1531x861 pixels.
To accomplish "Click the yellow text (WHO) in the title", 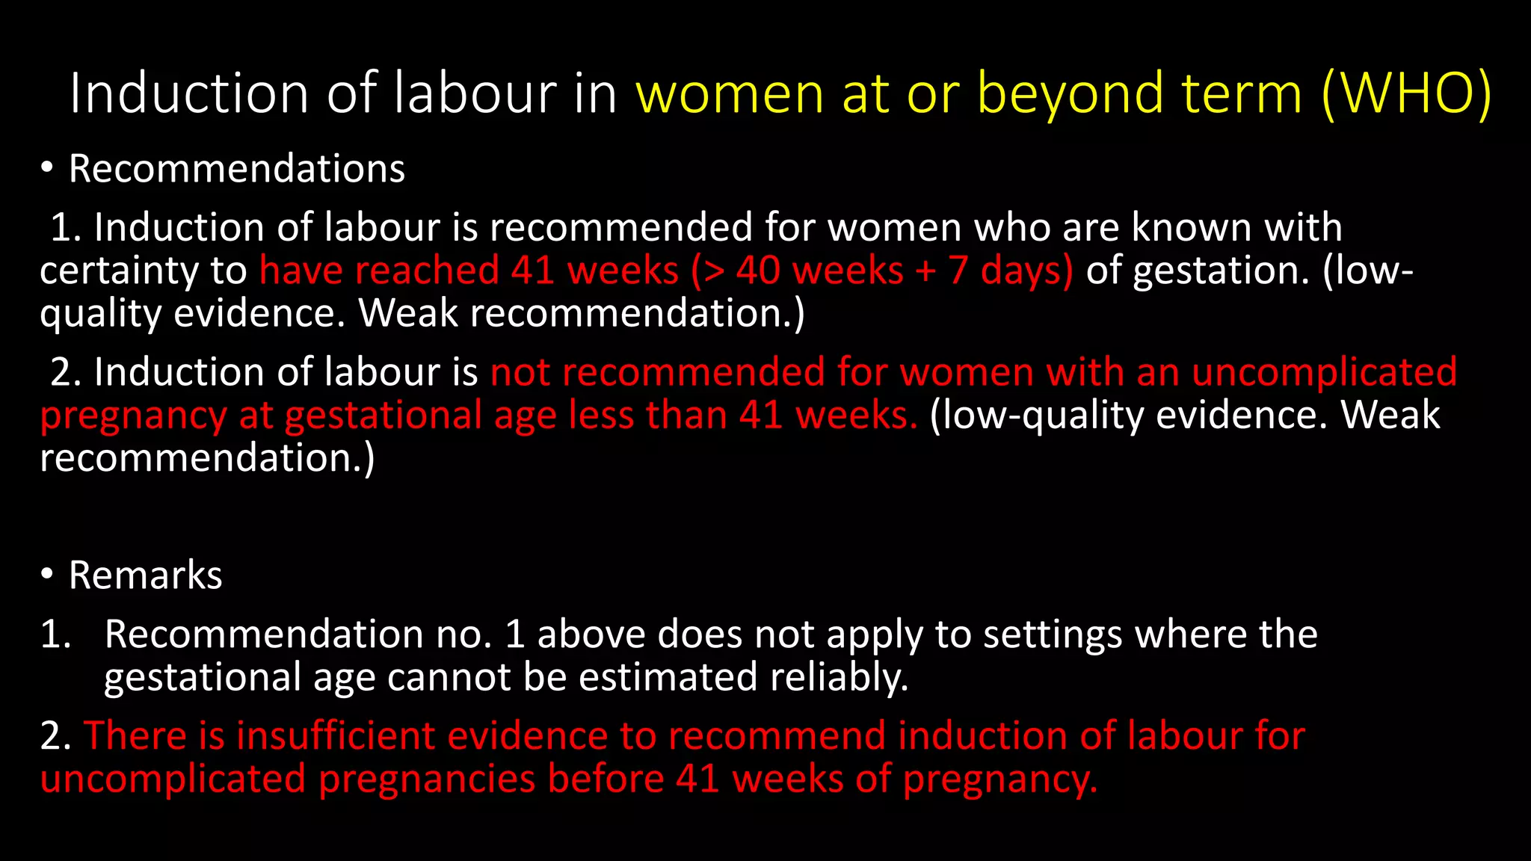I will [x=1405, y=93].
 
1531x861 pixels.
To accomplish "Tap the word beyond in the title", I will [x=1070, y=93].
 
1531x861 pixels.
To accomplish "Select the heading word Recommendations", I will [x=237, y=168].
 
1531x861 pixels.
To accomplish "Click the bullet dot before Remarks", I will [x=47, y=574].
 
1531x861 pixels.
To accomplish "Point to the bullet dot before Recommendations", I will [x=47, y=168].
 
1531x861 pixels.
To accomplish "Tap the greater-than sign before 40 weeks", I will [x=714, y=271].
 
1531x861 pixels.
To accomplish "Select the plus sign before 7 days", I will [x=925, y=271].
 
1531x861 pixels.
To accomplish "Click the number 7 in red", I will [x=959, y=271].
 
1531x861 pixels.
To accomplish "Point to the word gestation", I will [x=1220, y=271].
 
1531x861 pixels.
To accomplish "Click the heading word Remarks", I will [x=146, y=575].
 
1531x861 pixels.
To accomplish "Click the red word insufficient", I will [x=335, y=735].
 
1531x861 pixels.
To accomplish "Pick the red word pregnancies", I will [x=427, y=779].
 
